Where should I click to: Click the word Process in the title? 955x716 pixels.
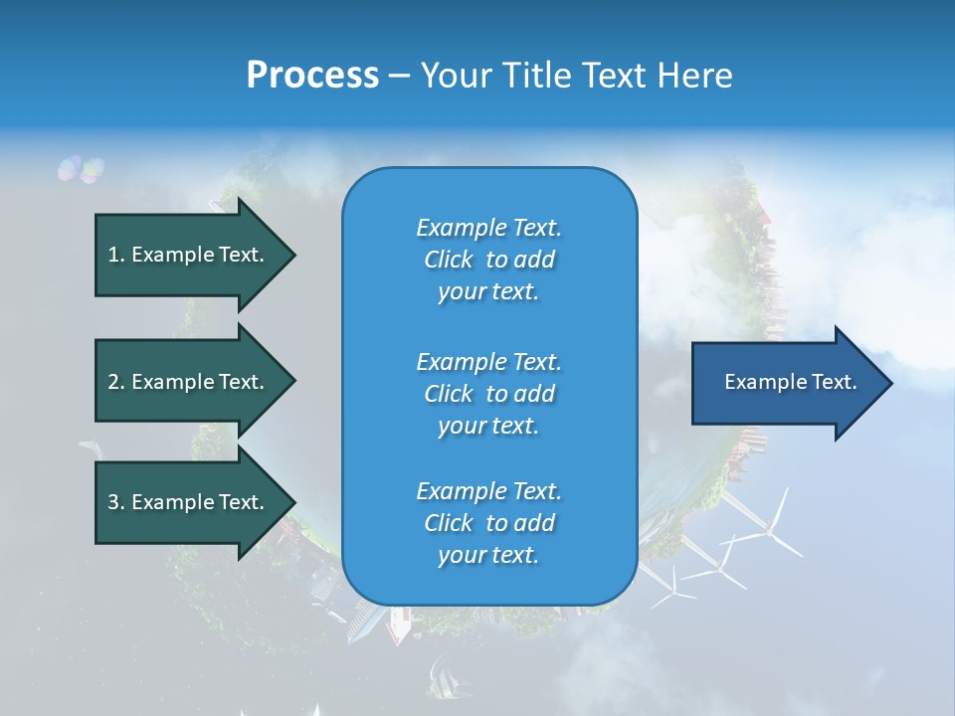(312, 76)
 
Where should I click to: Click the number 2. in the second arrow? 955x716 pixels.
(116, 382)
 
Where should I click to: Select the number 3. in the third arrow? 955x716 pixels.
(116, 502)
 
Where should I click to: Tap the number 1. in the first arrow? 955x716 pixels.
(116, 255)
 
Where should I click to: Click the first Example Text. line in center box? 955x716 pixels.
(488, 228)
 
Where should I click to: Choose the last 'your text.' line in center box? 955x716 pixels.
(488, 555)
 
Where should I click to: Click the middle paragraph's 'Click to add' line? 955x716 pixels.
(488, 394)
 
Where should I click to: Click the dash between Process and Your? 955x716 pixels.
(399, 76)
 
